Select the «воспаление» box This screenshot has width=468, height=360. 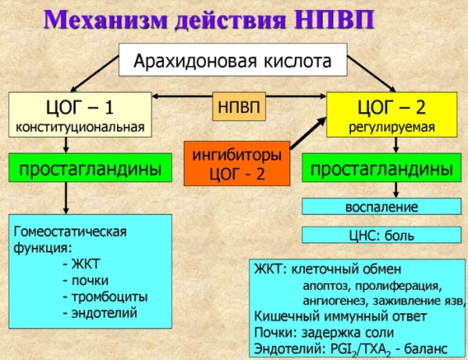[381, 207]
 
